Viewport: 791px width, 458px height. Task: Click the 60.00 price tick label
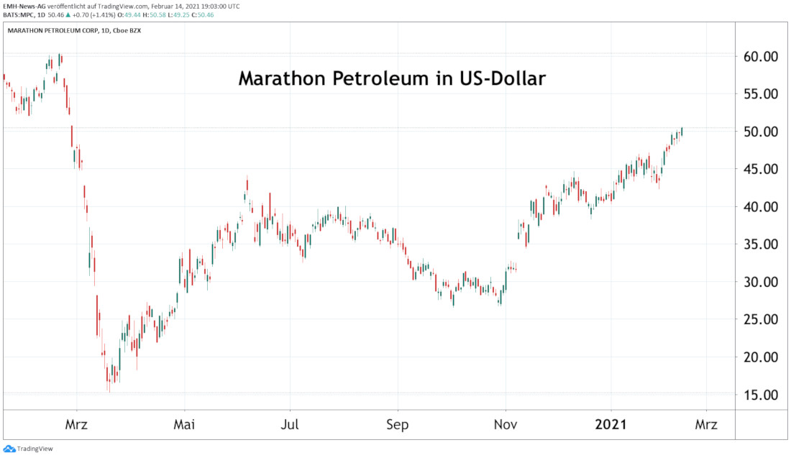pyautogui.click(x=759, y=56)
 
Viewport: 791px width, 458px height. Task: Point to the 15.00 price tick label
pyautogui.click(x=759, y=395)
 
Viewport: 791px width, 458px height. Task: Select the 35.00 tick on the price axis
pyautogui.click(x=759, y=244)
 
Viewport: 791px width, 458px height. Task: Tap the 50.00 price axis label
pyautogui.click(x=759, y=132)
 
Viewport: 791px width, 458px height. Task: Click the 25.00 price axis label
pyautogui.click(x=759, y=319)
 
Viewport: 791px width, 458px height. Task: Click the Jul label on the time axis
pyautogui.click(x=291, y=424)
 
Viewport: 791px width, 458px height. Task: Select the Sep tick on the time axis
pyautogui.click(x=397, y=424)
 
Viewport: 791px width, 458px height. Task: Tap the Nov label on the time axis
pyautogui.click(x=506, y=424)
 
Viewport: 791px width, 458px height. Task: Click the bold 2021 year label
pyautogui.click(x=611, y=424)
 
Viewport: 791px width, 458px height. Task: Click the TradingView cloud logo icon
pyautogui.click(x=9, y=449)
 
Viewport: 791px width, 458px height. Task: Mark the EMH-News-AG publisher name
pyautogui.click(x=24, y=5)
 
